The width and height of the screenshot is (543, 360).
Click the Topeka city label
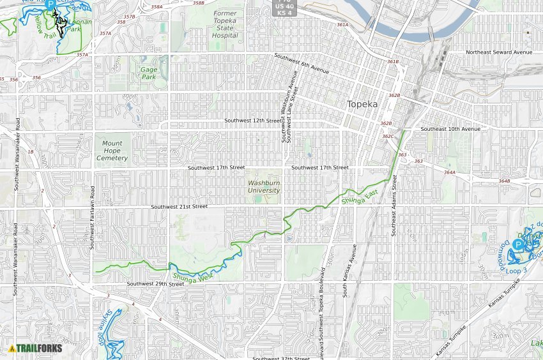(362, 104)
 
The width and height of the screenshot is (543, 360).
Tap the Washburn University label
(264, 186)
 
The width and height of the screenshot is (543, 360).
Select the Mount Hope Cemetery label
(112, 151)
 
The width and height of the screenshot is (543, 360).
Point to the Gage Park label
(148, 73)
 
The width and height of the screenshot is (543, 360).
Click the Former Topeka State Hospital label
(224, 24)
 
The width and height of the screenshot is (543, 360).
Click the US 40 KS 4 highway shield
(284, 9)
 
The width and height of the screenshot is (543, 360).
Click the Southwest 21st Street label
(180, 207)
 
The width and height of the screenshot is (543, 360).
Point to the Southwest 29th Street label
(155, 283)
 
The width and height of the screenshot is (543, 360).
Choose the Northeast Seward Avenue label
(499, 52)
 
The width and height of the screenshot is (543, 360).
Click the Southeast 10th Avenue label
(450, 129)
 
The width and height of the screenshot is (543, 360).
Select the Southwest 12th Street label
(253, 121)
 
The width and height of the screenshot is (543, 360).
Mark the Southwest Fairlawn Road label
(93, 218)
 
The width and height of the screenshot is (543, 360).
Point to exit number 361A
(342, 25)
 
